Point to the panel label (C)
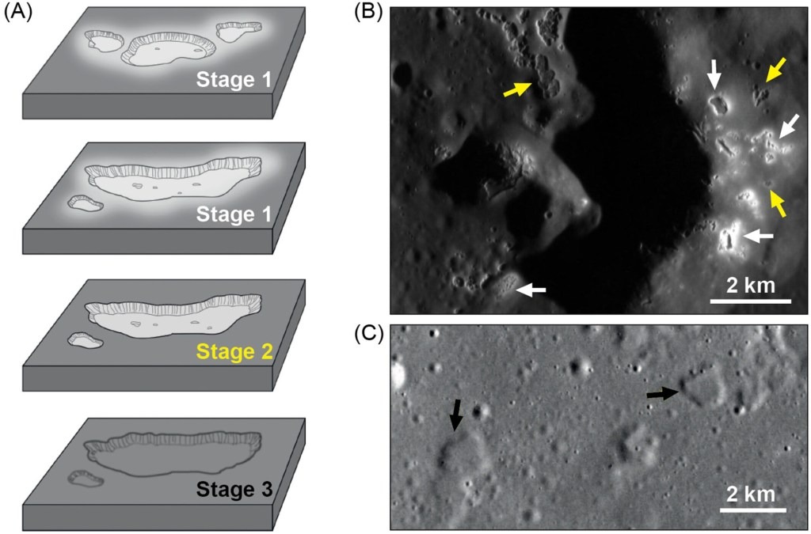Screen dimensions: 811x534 368,334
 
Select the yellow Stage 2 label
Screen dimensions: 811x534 234,352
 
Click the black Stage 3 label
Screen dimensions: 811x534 234,490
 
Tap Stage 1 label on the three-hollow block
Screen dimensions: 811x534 234,80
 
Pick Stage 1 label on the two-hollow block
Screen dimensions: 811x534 234,214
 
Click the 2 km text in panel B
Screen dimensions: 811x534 751,285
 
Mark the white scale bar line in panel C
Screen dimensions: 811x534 753,510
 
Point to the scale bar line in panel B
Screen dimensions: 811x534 751,301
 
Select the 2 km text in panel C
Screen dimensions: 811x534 751,494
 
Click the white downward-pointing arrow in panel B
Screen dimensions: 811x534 714,73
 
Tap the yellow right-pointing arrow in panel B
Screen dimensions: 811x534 518,90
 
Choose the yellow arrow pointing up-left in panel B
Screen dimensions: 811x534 778,203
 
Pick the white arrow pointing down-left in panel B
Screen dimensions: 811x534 790,126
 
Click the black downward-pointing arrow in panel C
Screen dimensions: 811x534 455,415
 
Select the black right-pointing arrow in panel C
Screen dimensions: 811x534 663,394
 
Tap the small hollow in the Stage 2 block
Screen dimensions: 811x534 86,340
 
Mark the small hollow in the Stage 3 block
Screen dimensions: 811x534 86,478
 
